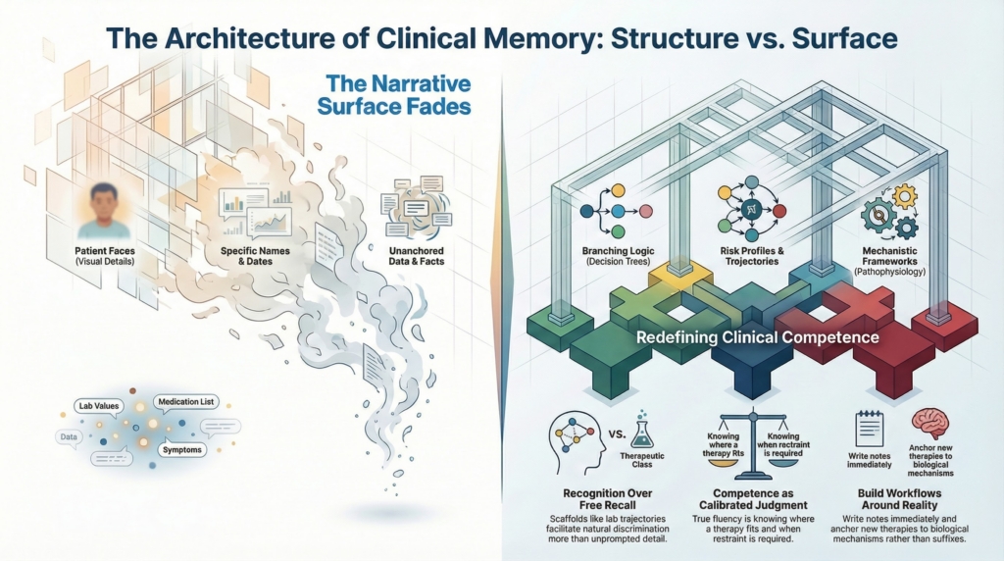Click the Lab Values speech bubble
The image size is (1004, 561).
(x=98, y=405)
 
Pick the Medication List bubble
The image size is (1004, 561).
(x=186, y=402)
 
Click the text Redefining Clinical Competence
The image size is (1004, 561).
(x=757, y=338)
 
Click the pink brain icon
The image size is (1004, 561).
(x=929, y=425)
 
